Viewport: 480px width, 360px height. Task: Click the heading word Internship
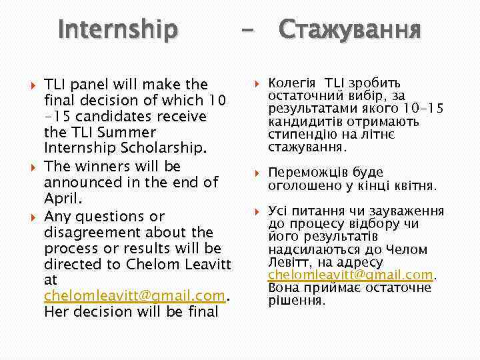click(118, 29)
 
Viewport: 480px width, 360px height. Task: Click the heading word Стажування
click(349, 30)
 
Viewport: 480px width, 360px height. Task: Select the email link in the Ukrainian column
click(351, 275)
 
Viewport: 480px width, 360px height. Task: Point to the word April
click(62, 198)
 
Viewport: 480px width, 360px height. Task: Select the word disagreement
click(111, 232)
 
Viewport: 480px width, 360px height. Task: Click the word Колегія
click(291, 84)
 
